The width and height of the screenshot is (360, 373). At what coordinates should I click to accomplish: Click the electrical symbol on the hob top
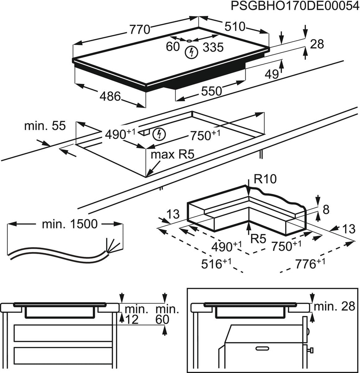coord(191,52)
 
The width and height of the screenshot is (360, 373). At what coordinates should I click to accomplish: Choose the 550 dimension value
coord(211,91)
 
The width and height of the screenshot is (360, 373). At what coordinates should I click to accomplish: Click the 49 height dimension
coord(271,74)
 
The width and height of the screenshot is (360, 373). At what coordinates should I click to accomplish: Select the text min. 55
coord(45,126)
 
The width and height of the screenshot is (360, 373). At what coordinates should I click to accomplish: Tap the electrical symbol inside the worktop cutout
coord(160,134)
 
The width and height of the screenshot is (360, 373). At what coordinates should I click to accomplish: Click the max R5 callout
coord(172,155)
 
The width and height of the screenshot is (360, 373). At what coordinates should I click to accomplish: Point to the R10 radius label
coord(265,179)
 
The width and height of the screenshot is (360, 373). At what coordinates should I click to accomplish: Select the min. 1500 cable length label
coord(69,224)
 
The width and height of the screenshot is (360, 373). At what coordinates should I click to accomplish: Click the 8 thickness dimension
coord(326,210)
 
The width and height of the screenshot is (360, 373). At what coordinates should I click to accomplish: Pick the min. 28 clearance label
coord(334,306)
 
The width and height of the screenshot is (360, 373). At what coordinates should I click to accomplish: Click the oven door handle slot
coord(266,348)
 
